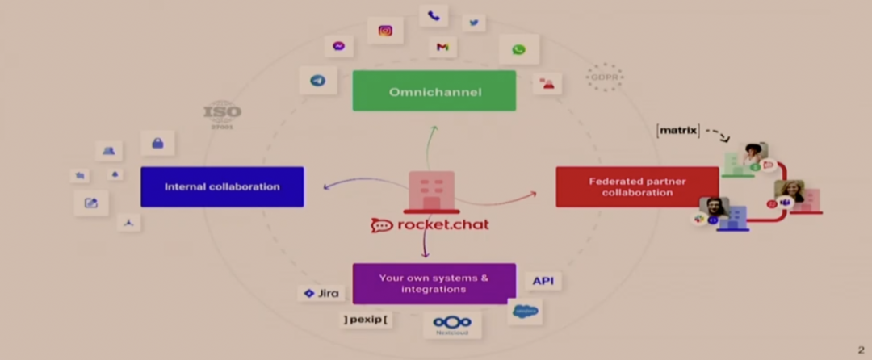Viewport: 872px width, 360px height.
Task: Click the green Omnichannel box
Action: (x=434, y=90)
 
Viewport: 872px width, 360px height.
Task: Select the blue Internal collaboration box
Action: (x=222, y=186)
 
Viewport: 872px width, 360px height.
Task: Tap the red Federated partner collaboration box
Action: (x=637, y=186)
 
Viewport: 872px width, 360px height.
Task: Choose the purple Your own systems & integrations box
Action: (x=434, y=283)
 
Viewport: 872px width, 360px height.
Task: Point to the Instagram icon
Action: (x=385, y=31)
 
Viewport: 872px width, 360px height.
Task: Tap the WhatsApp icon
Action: (x=518, y=49)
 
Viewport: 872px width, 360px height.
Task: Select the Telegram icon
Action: (x=317, y=81)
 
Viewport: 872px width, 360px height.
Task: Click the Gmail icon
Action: (x=442, y=47)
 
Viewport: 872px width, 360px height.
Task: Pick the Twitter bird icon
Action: (x=473, y=23)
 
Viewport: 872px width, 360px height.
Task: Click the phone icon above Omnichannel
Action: (x=434, y=15)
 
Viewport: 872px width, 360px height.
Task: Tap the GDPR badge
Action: (x=604, y=77)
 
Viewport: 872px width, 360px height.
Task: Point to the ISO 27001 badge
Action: (x=222, y=113)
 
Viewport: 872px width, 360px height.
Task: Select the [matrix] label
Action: (x=677, y=130)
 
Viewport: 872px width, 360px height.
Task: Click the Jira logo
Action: (x=321, y=293)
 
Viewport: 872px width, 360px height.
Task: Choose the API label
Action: (x=543, y=281)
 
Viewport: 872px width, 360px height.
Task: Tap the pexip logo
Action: (x=365, y=320)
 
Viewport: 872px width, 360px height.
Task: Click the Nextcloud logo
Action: (x=452, y=324)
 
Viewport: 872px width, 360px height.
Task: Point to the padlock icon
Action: (x=157, y=144)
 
